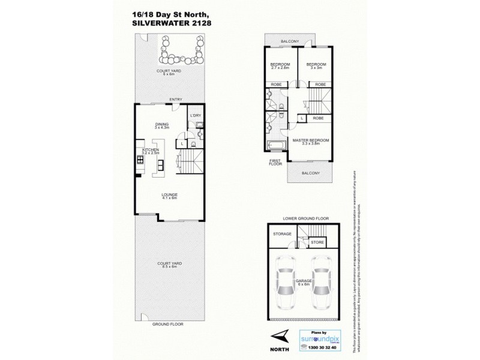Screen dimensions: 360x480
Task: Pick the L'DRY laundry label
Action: pos(195,116)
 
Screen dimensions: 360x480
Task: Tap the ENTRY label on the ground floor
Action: pos(175,99)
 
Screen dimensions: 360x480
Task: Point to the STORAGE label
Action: pos(282,233)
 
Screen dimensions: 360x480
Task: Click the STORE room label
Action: pos(317,242)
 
